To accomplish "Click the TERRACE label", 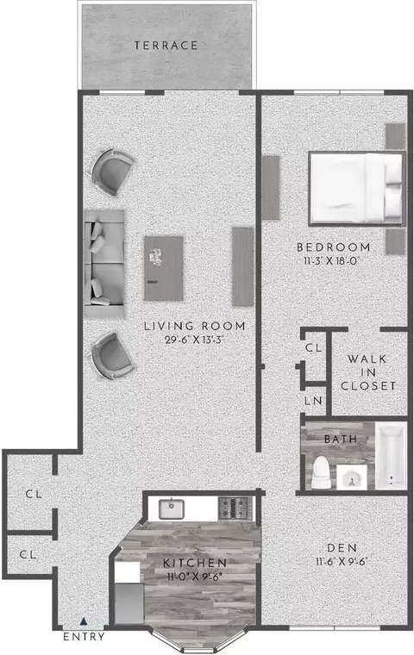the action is (166, 45).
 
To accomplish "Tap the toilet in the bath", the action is (321, 472).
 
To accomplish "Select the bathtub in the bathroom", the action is (391, 455).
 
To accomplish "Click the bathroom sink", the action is (352, 477).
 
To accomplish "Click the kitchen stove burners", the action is (235, 508).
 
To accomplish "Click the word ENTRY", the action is (84, 637).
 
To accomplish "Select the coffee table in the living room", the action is (164, 268).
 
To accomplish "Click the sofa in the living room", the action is (104, 264).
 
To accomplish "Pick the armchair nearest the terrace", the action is (112, 172).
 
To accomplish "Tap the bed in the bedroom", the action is (357, 189).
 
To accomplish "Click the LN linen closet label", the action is (314, 401).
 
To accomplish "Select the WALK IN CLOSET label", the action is (368, 372).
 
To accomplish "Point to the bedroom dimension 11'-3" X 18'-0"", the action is (333, 261).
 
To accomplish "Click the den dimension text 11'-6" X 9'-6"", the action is (342, 562).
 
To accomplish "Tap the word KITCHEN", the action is (195, 563).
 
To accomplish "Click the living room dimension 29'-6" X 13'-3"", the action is (195, 340).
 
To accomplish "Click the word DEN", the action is (342, 547).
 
